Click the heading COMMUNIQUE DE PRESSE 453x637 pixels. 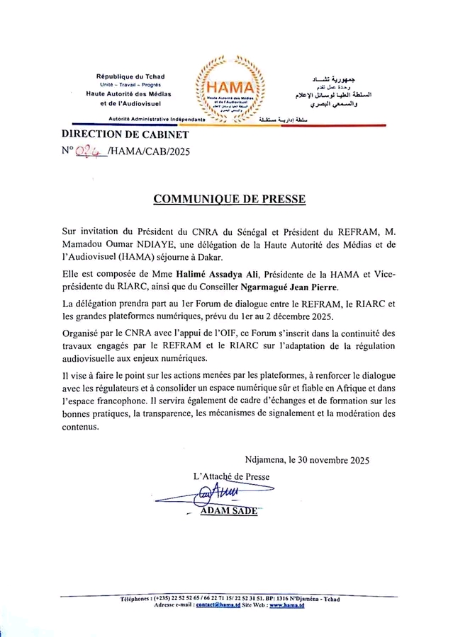click(230, 200)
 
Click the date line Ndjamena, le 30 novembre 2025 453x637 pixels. click(308, 460)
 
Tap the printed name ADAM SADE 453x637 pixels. click(229, 511)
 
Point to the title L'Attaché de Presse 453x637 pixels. click(231, 477)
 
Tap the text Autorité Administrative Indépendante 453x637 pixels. click(157, 120)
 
